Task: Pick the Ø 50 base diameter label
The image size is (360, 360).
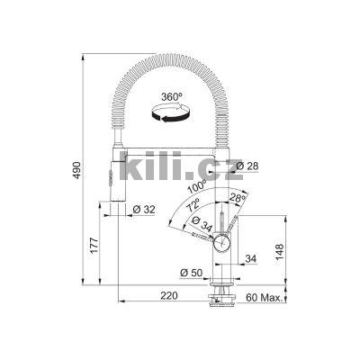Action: pyautogui.click(x=190, y=271)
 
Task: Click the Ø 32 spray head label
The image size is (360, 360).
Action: pyautogui.click(x=143, y=209)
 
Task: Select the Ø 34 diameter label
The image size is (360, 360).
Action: pyautogui.click(x=202, y=229)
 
